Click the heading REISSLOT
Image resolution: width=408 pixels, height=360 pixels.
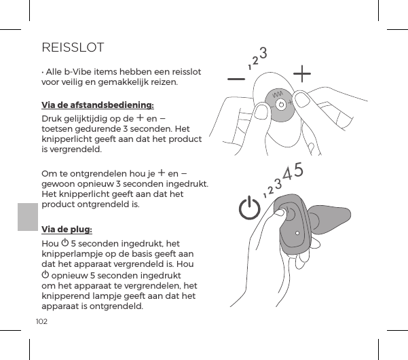(73, 48)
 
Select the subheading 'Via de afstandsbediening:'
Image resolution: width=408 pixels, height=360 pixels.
(98, 105)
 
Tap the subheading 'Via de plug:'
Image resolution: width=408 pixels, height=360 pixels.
(67, 229)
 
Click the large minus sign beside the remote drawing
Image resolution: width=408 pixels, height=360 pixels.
(237, 78)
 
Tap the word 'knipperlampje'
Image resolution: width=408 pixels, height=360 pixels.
(72, 253)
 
